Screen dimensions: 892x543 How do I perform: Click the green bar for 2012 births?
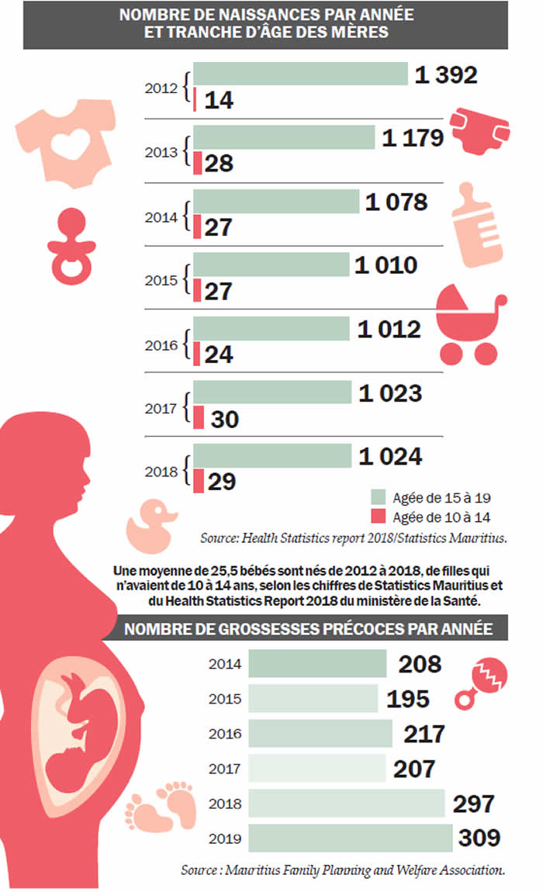tap(300, 74)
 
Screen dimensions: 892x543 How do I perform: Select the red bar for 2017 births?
tap(199, 418)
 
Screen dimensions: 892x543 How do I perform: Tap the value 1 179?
tap(413, 138)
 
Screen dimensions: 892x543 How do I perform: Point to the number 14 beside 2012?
tap(220, 100)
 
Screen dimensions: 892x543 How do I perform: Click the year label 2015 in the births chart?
tap(161, 278)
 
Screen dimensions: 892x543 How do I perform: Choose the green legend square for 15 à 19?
tap(379, 497)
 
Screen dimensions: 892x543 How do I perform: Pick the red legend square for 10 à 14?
tap(379, 517)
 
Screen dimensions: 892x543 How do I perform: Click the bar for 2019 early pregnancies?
tap(350, 838)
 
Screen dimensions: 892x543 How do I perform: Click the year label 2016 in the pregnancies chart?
tap(225, 734)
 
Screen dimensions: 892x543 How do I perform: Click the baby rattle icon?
tap(485, 682)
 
